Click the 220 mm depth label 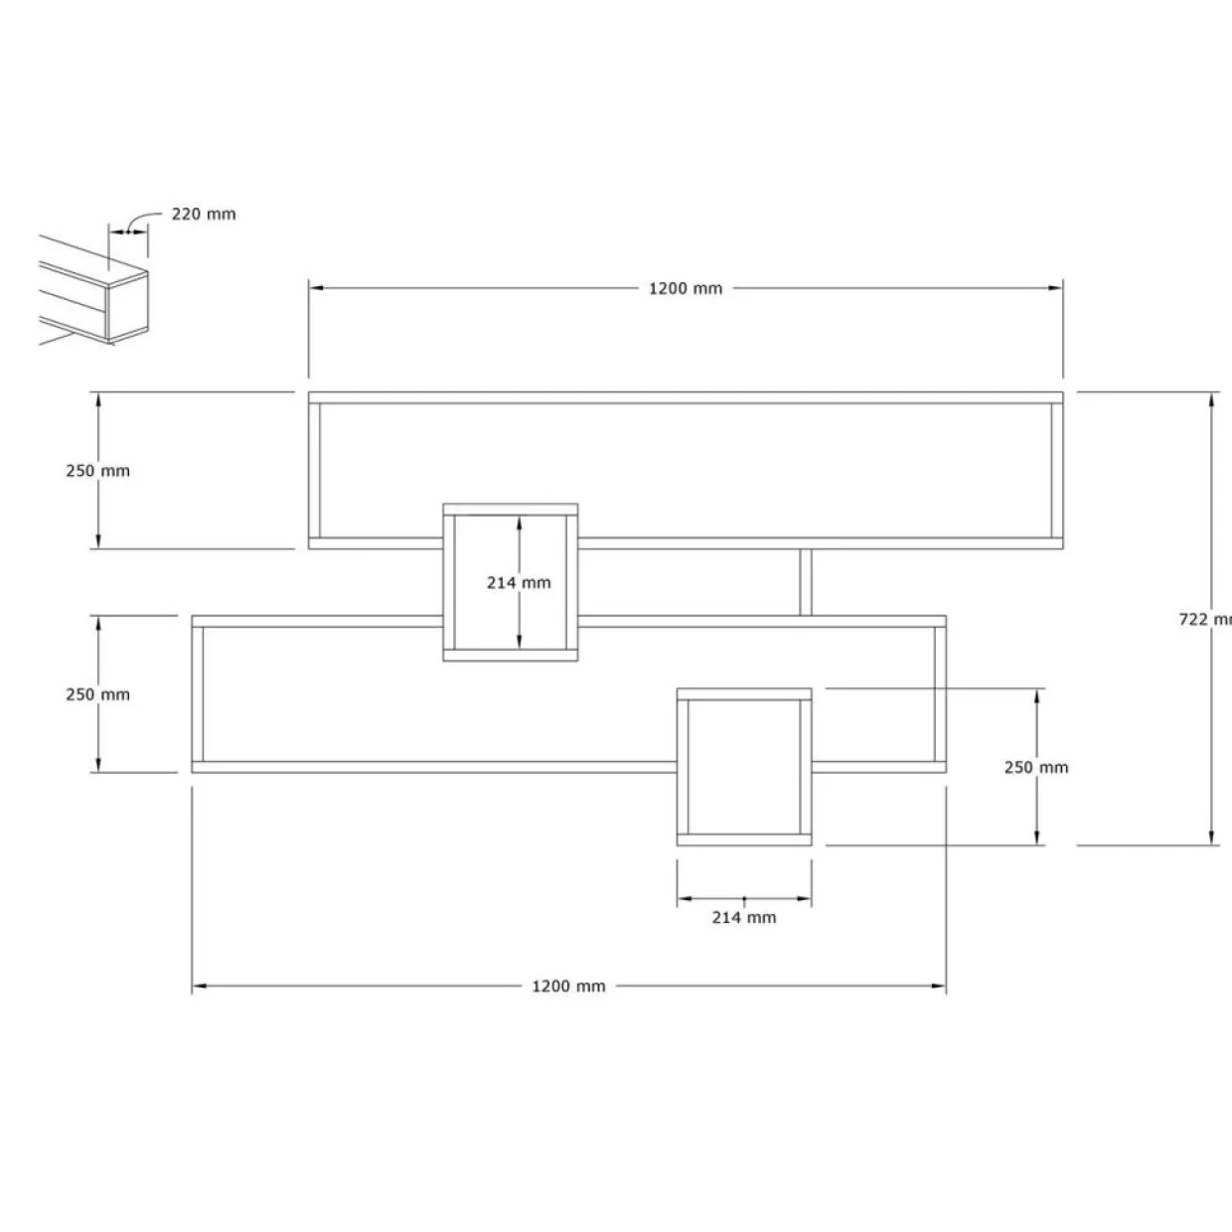[204, 215]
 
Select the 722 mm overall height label [1205, 619]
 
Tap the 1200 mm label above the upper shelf [686, 288]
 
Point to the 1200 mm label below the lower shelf [568, 986]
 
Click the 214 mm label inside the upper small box [519, 582]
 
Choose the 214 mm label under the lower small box [744, 917]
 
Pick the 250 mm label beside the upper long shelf [97, 471]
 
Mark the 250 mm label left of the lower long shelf [97, 694]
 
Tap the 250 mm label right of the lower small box [1035, 767]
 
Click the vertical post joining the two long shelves [806, 582]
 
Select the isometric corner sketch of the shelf [93, 290]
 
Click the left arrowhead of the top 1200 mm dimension [316, 288]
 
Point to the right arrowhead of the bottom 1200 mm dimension [939, 986]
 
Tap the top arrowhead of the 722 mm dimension [1211, 399]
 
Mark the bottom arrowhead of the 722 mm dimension [1211, 839]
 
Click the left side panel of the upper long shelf [315, 471]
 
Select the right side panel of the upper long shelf [1057, 471]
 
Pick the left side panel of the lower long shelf [198, 694]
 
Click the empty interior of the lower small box [744, 767]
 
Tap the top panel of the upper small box [511, 510]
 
